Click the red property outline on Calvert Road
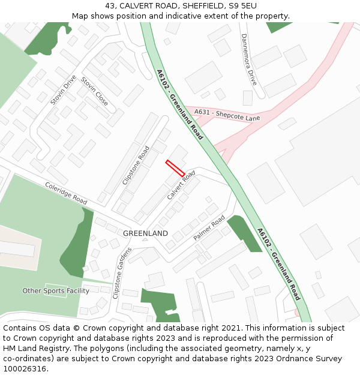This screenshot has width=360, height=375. pos(175,168)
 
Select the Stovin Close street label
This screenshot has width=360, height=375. pos(94,92)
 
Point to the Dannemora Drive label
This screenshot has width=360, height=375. pos(248,59)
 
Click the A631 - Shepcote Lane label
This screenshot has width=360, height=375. pos(226,114)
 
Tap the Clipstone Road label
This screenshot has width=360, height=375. pos(136,165)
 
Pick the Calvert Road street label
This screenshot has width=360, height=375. pos(181,185)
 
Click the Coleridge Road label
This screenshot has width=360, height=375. pos(66,193)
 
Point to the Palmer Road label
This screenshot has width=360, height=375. pos(209,228)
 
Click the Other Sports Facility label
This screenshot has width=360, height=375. pos(56,291)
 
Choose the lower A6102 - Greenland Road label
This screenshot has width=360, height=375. pos(278,264)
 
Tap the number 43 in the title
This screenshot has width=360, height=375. pos(110,6)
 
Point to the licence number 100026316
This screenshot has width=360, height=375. pos(26,369)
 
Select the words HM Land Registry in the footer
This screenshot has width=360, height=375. pos(34,349)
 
